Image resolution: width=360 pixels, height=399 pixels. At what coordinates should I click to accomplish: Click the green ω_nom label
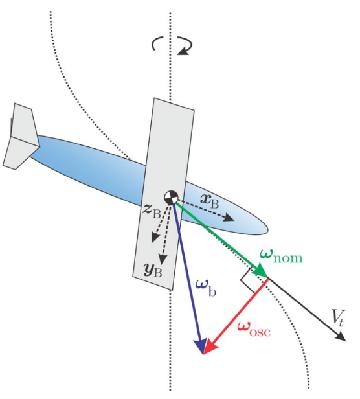281,256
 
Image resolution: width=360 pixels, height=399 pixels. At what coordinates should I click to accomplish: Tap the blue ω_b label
206,288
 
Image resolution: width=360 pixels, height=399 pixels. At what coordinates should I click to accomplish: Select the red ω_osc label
254,330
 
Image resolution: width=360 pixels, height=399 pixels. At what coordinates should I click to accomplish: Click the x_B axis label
210,201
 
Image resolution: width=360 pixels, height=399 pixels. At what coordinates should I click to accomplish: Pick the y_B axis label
153,269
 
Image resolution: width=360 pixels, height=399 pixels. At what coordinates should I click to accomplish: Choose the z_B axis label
152,211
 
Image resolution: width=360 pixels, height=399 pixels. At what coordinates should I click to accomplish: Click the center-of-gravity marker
171,197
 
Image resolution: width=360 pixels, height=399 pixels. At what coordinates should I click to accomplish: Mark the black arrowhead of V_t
340,336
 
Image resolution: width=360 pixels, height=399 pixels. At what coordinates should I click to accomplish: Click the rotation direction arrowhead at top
184,51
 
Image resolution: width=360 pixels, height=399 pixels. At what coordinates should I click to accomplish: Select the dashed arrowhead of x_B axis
229,218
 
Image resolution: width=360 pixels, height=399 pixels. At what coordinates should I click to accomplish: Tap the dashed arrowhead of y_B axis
163,259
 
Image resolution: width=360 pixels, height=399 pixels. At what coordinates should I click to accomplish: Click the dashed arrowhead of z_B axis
155,237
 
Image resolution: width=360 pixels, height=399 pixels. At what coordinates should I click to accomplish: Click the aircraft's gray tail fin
21,136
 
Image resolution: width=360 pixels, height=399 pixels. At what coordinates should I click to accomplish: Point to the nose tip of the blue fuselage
268,231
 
